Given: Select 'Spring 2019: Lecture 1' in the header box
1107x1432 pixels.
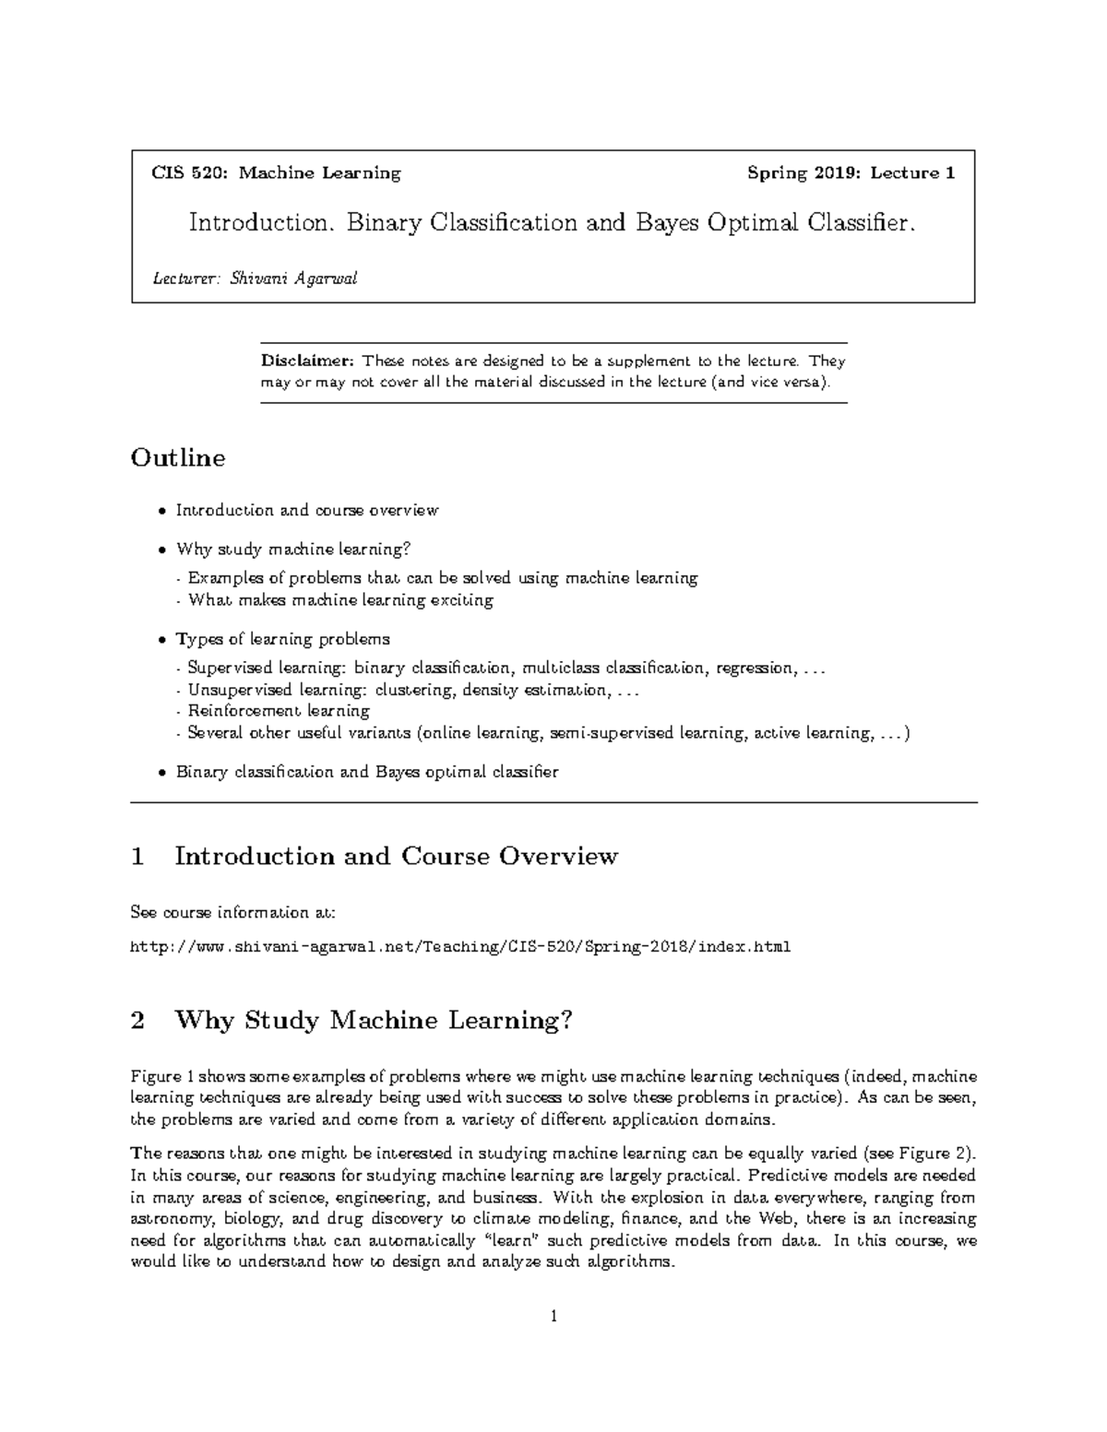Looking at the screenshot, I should click(x=851, y=173).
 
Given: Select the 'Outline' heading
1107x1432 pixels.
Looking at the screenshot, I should click(x=178, y=458).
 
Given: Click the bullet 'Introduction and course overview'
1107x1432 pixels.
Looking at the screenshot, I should click(x=307, y=510).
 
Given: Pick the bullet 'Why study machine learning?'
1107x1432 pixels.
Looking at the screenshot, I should click(x=292, y=550).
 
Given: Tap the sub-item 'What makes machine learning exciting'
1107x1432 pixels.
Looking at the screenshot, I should click(x=340, y=600).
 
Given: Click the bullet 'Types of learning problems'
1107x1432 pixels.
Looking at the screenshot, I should click(x=282, y=639).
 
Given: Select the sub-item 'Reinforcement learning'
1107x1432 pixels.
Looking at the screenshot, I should click(x=279, y=711).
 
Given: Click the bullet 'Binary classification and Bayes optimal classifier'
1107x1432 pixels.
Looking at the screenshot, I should click(x=367, y=772).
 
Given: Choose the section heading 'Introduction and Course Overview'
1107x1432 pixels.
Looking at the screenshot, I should click(x=396, y=857).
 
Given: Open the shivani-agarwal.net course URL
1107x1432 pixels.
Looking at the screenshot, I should click(x=460, y=947).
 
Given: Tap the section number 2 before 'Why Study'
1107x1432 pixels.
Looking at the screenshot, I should click(x=138, y=1021).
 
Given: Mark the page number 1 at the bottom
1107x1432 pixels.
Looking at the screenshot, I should click(x=553, y=1317).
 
